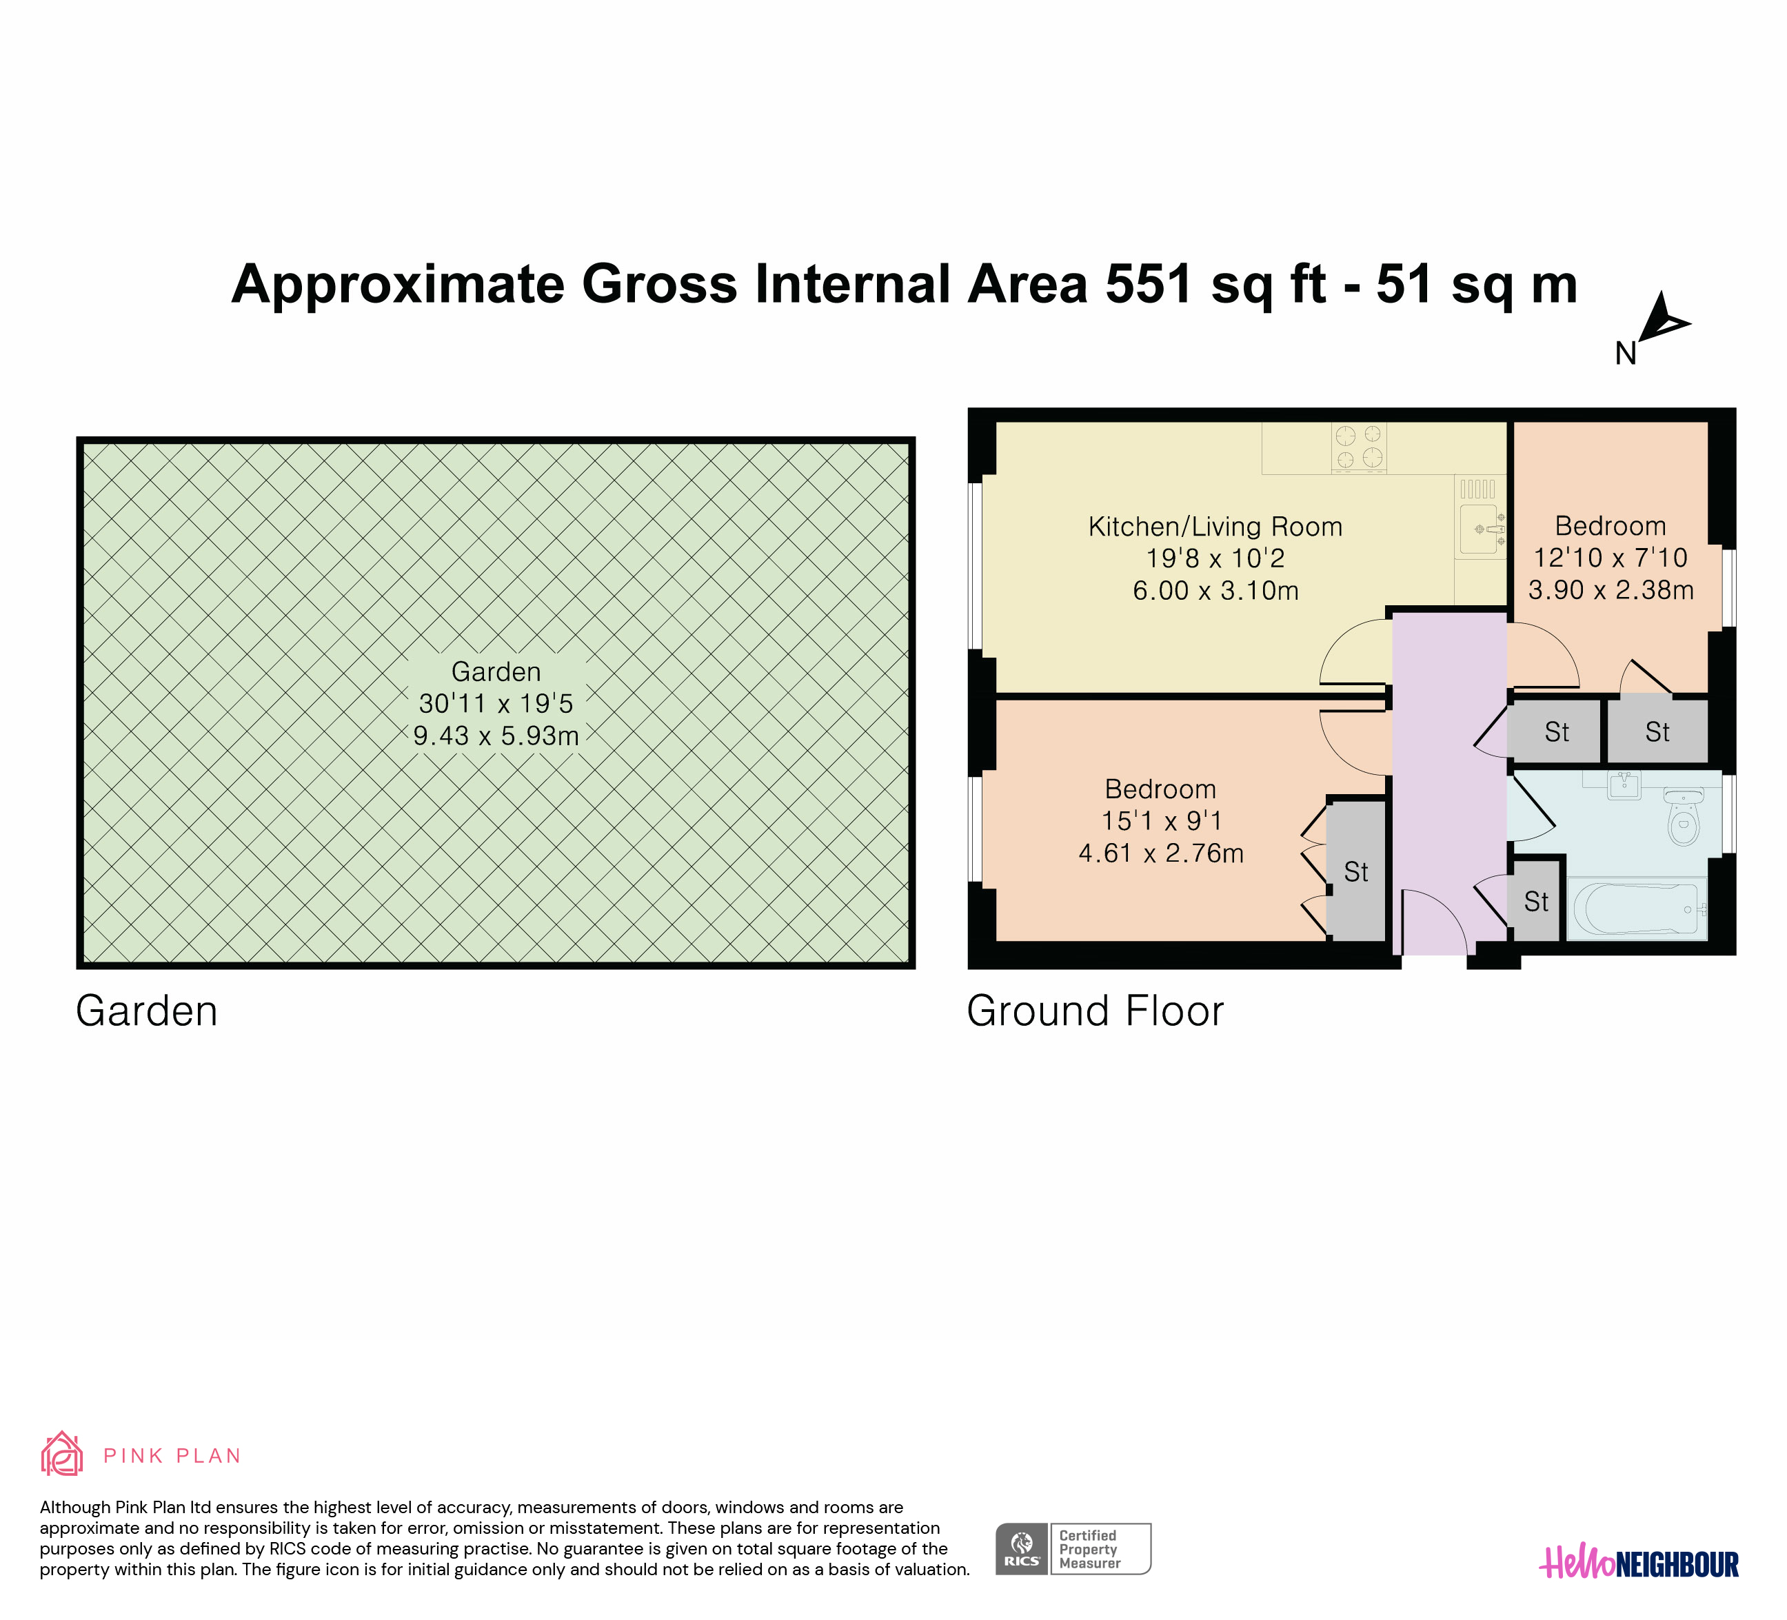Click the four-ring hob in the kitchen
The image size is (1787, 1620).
click(x=1359, y=447)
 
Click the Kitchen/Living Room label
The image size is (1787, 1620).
click(x=1215, y=527)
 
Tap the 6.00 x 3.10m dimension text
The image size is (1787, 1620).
click(x=1215, y=590)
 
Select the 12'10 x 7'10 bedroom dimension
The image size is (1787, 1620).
click(x=1611, y=558)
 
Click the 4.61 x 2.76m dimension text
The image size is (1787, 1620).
click(x=1161, y=853)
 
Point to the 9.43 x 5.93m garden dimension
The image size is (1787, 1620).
click(x=496, y=736)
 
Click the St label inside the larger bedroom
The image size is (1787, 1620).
click(x=1356, y=872)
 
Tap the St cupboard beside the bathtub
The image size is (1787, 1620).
click(x=1536, y=901)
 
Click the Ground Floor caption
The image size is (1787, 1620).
click(x=1095, y=1011)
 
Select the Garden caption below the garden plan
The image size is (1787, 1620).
click(x=147, y=1011)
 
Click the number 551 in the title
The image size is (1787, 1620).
click(x=1149, y=285)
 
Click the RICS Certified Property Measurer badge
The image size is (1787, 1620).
click(x=1073, y=1548)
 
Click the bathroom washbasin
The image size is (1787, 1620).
click(x=1625, y=785)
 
